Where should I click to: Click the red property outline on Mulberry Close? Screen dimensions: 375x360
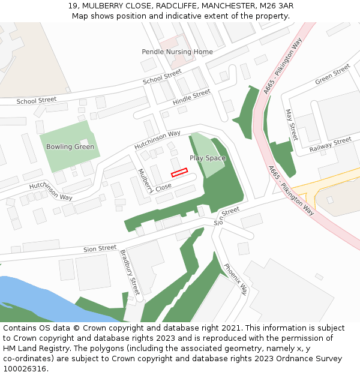[179, 173]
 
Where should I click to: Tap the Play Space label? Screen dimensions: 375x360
[208, 158]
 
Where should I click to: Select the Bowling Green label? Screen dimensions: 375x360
[71, 146]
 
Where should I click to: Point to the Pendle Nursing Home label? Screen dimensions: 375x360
[177, 52]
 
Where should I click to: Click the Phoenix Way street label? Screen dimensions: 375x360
[235, 279]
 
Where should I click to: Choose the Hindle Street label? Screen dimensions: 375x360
[191, 97]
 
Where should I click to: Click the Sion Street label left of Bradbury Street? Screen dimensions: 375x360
[100, 248]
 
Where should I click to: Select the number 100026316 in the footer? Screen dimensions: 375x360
[26, 368]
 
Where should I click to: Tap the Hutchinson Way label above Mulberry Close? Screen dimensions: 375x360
[157, 140]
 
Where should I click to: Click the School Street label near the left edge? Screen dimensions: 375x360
[37, 100]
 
